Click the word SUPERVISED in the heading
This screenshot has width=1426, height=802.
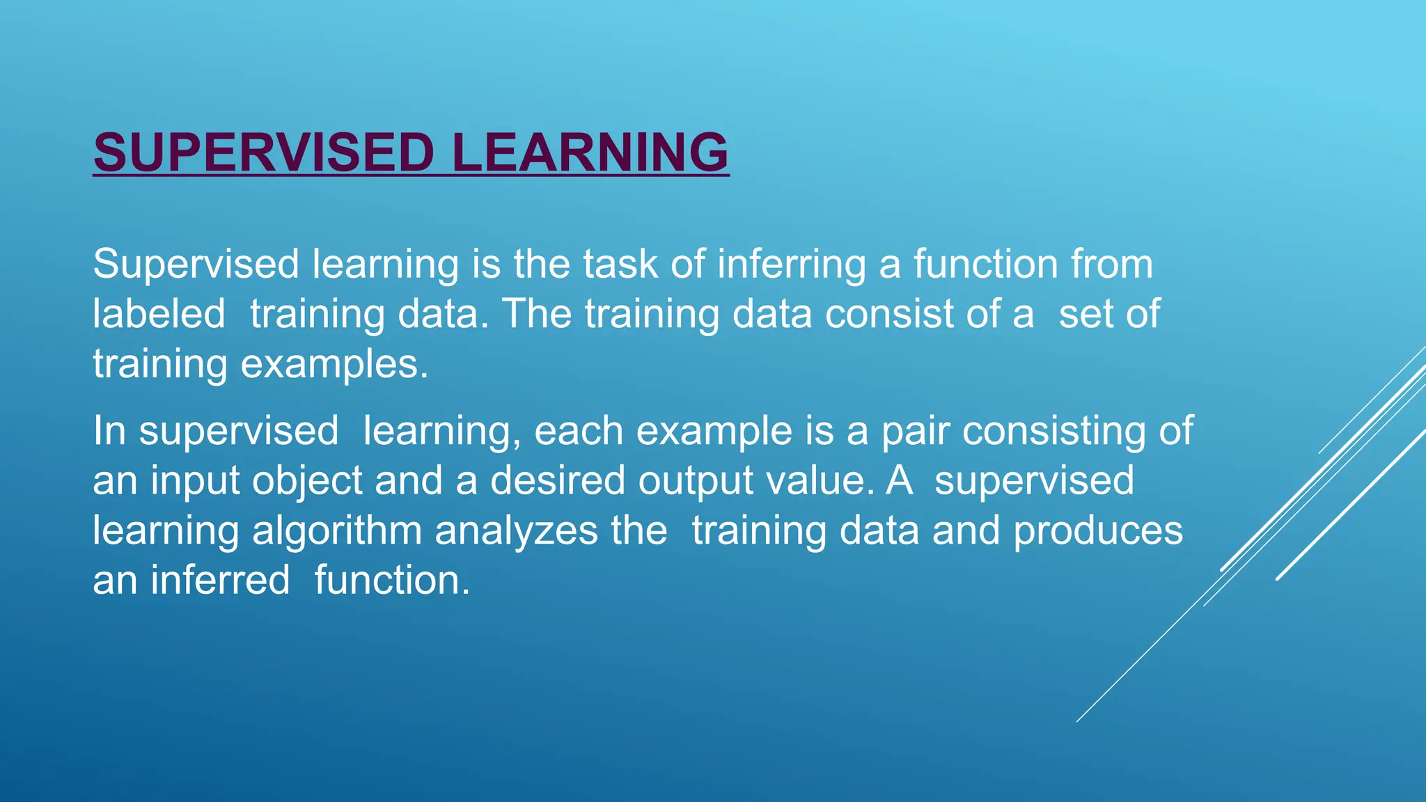coord(264,152)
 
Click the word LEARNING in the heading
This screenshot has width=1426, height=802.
coord(589,152)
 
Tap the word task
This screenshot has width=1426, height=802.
coord(620,265)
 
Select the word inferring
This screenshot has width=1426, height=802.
coord(791,265)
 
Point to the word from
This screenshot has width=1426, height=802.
coord(1112,265)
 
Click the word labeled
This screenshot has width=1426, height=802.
coord(159,314)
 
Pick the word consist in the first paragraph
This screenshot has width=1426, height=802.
coord(889,314)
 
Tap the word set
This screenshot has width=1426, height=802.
coord(1086,314)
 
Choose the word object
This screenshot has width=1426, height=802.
coord(307,481)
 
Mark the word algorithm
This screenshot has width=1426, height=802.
coord(337,531)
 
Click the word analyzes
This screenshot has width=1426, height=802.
coord(516,531)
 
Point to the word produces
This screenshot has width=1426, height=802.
coord(1098,531)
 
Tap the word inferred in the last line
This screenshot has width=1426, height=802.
coord(220,580)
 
